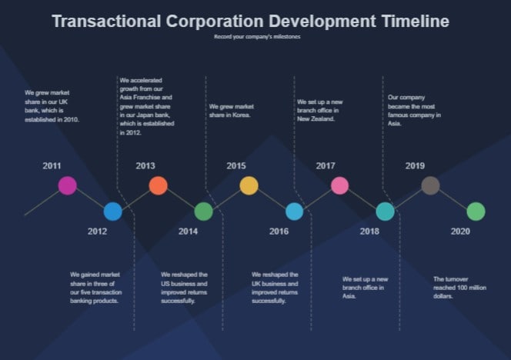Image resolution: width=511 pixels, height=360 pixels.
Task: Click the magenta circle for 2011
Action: [68, 185]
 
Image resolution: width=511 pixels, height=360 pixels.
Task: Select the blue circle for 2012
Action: [112, 212]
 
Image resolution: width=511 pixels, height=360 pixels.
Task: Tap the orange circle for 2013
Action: [158, 185]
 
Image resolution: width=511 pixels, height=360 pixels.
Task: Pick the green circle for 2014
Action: [203, 212]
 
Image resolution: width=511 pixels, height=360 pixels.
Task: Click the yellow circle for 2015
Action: [249, 185]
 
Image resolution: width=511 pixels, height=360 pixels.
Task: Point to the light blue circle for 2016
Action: [294, 212]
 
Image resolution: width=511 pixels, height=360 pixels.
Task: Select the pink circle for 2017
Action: [339, 185]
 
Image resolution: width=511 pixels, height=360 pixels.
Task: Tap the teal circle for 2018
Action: [385, 212]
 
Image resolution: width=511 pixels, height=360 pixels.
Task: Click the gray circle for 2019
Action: [430, 185]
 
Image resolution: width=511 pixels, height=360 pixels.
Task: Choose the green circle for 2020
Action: [476, 212]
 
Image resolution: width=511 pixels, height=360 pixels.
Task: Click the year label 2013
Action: [145, 165]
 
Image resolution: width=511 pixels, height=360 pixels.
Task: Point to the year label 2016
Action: [279, 232]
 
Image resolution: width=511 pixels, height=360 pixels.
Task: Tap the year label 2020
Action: [460, 232]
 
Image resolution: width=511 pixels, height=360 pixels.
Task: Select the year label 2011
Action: [52, 165]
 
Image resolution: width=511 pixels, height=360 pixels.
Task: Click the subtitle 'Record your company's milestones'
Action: [257, 37]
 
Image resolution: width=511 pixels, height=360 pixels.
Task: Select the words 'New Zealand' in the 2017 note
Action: [316, 119]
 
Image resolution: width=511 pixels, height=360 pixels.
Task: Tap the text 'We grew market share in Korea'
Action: [231, 111]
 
